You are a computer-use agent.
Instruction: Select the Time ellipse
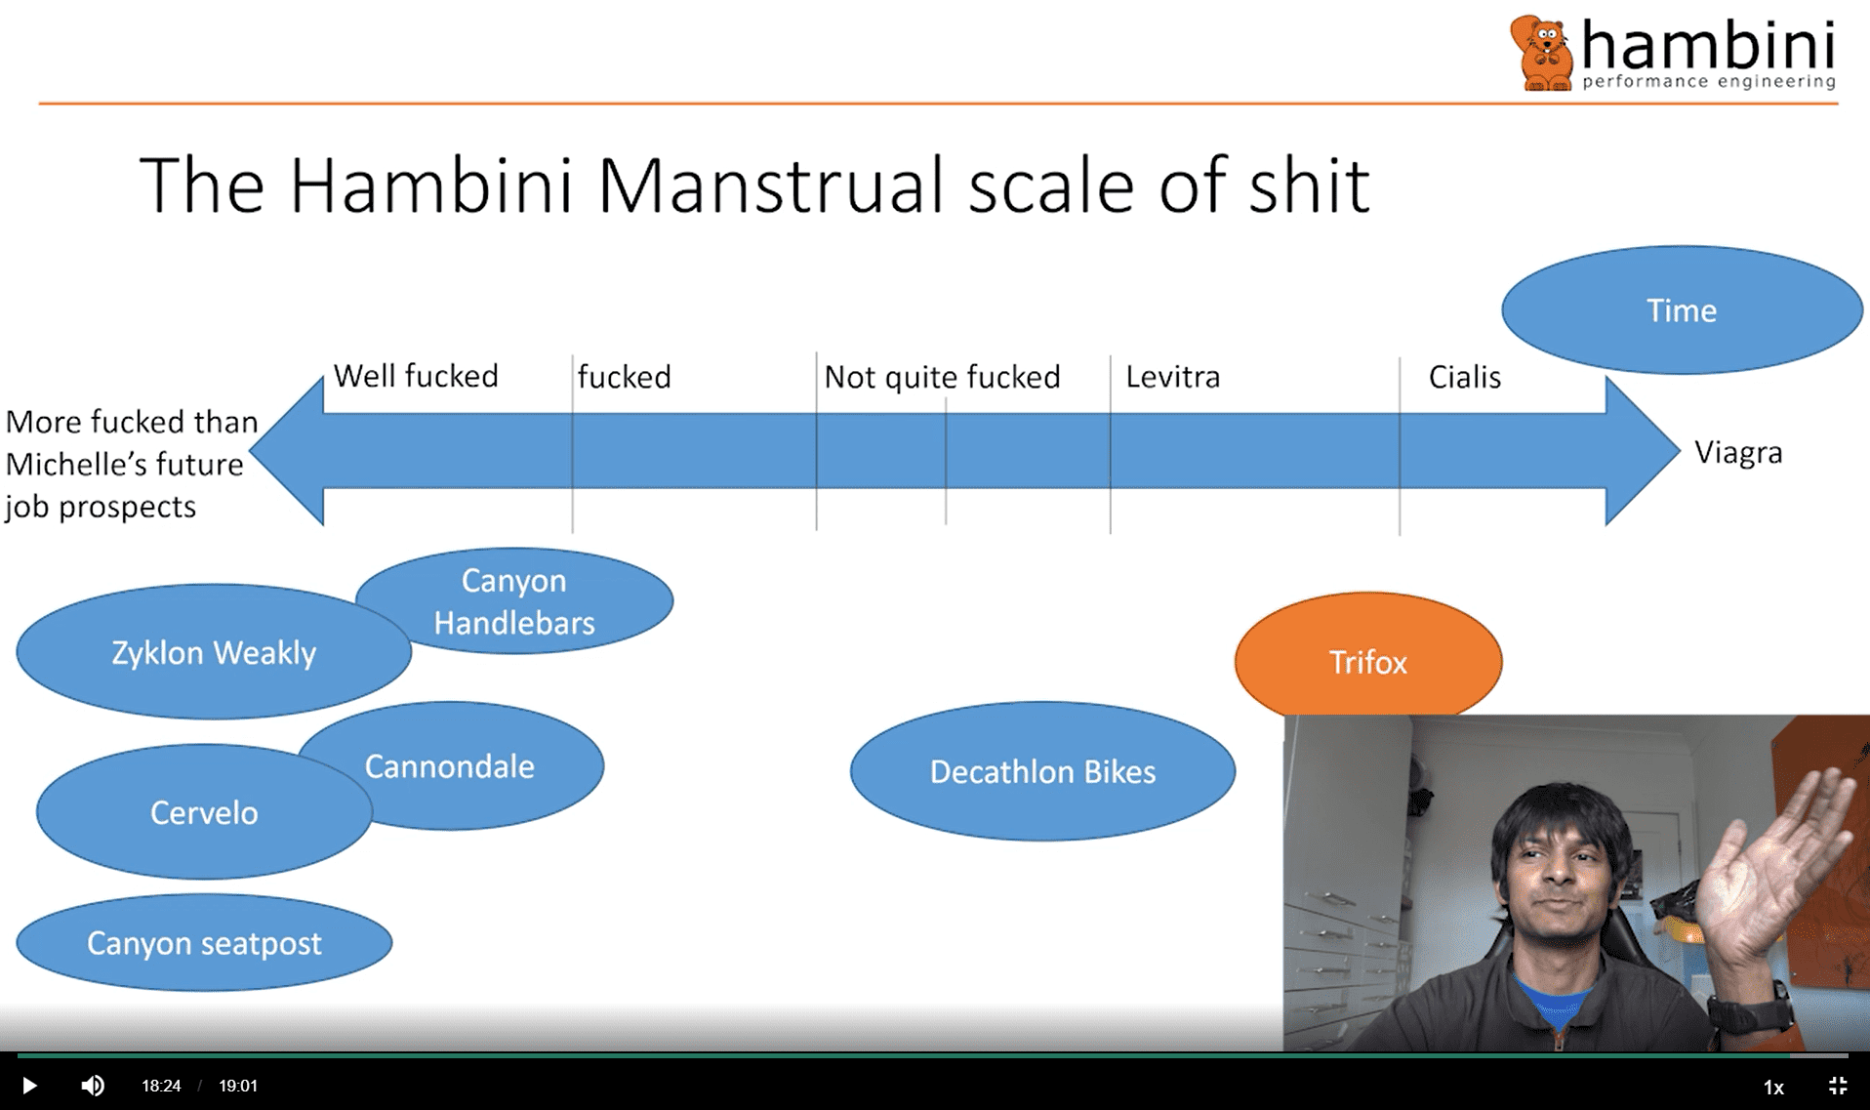1681,310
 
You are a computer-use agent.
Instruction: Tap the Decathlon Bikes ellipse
1041,771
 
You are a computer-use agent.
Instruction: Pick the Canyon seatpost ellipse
203,943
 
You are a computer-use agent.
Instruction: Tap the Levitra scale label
1172,377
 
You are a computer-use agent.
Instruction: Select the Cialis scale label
1463,377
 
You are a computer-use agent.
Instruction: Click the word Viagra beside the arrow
1737,453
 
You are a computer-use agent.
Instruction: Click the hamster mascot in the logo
1542,54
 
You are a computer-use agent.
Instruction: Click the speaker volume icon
93,1086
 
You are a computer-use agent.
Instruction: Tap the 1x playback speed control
1772,1087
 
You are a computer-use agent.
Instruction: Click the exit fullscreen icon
1837,1086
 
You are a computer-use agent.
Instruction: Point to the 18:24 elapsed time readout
161,1086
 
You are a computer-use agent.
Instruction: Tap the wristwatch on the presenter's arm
1752,1015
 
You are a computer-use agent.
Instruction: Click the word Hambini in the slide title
429,185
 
